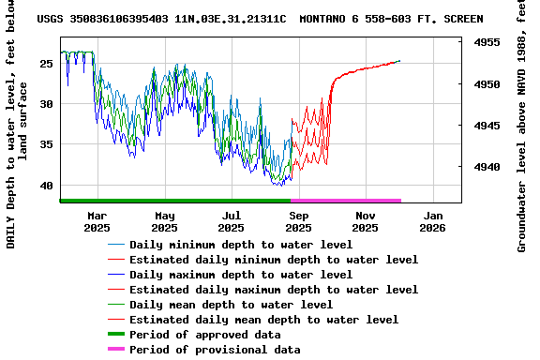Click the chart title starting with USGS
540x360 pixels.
point(260,19)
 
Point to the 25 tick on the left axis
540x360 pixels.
point(47,63)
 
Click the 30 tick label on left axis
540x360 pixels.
point(47,104)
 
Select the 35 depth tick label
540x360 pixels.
point(47,144)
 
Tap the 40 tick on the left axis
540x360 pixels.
point(47,186)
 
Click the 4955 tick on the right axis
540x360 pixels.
point(485,43)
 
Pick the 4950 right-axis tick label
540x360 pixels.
point(485,84)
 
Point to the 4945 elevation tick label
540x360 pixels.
point(485,126)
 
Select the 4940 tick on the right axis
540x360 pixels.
point(485,167)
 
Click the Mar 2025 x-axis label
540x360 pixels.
point(97,221)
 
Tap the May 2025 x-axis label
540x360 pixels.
point(164,221)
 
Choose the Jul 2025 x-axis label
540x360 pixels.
point(231,221)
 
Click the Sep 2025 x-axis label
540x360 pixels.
point(298,221)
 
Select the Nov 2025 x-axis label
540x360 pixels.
point(365,221)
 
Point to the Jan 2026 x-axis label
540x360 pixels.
point(432,221)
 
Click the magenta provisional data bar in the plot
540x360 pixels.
point(346,200)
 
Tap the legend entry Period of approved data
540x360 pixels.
point(204,335)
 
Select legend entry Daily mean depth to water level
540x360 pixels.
point(231,305)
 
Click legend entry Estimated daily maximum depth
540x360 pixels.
point(274,290)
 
